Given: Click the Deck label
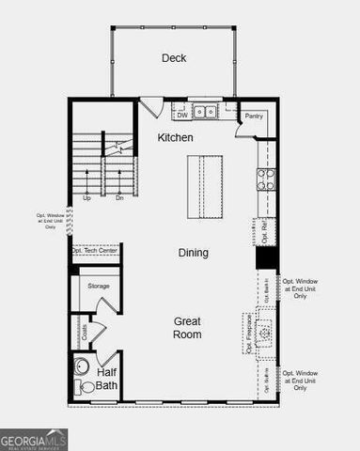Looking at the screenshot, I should tap(174, 58).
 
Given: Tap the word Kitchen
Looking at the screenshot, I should tap(175, 138).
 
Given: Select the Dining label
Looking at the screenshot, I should tap(194, 253).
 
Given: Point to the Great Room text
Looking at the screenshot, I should tap(187, 328).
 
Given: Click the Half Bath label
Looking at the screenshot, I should tap(106, 380).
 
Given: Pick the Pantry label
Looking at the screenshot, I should tap(253, 117).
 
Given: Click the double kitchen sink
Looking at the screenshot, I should tap(205, 113).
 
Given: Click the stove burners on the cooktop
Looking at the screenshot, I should tap(266, 179).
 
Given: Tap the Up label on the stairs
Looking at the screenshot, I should tap(86, 198).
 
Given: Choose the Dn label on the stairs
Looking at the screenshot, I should tap(119, 198).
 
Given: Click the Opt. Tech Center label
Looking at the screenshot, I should tap(95, 251).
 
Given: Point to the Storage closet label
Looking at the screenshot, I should tap(99, 286).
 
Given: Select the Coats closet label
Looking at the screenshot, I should tap(85, 332).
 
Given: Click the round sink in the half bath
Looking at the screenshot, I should tap(81, 366).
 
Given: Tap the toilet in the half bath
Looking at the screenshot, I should tap(87, 386).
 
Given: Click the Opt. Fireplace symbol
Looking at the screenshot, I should tap(267, 332).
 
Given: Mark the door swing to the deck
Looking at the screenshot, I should tap(150, 106).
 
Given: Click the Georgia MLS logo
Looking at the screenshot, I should tap(34, 439).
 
